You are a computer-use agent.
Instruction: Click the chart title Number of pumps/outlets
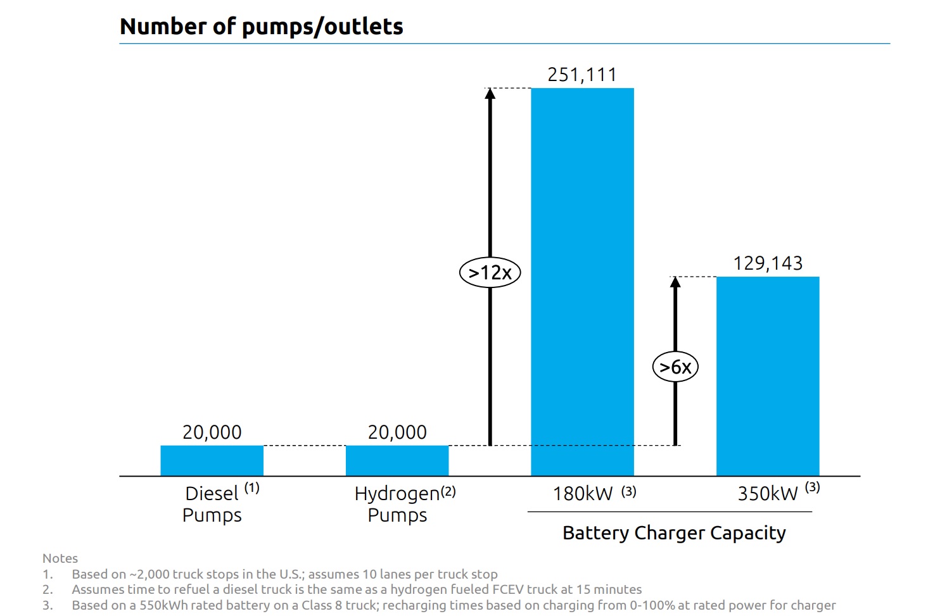261,27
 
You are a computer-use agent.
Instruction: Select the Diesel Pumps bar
212,460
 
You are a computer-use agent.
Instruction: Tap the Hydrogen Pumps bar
397,460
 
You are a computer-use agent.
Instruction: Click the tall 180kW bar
582,282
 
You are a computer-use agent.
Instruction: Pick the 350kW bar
768,376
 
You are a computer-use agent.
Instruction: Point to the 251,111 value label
582,75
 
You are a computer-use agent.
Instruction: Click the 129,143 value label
768,263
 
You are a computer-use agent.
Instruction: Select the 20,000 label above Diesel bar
212,432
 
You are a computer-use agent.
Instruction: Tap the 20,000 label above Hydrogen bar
397,432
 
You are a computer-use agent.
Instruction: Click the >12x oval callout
490,273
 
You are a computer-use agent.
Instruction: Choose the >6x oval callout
675,367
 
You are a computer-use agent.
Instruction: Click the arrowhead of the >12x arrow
490,94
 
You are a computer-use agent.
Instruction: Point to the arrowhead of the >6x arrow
675,282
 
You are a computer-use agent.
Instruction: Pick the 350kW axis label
768,493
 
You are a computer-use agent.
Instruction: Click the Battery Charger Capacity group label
674,533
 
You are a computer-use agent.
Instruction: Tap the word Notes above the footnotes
60,558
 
